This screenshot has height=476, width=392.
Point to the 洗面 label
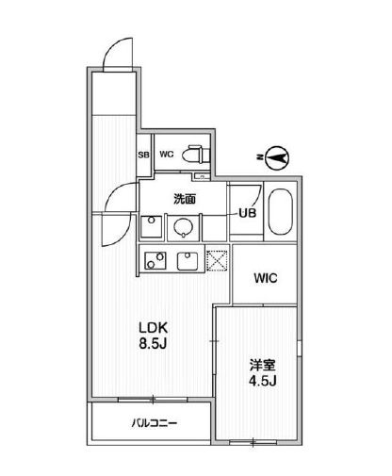184,200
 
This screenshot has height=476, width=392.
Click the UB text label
247,213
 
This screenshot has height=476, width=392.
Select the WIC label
267,279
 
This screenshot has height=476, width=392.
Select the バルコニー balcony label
155,423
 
